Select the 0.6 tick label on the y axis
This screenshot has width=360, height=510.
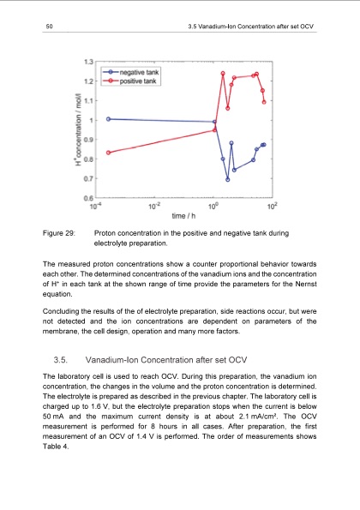[x=88, y=198]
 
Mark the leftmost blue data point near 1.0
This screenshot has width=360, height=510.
[x=108, y=119]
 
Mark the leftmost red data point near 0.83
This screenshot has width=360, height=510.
[x=108, y=153]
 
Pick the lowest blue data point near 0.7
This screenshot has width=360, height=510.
[x=228, y=179]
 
